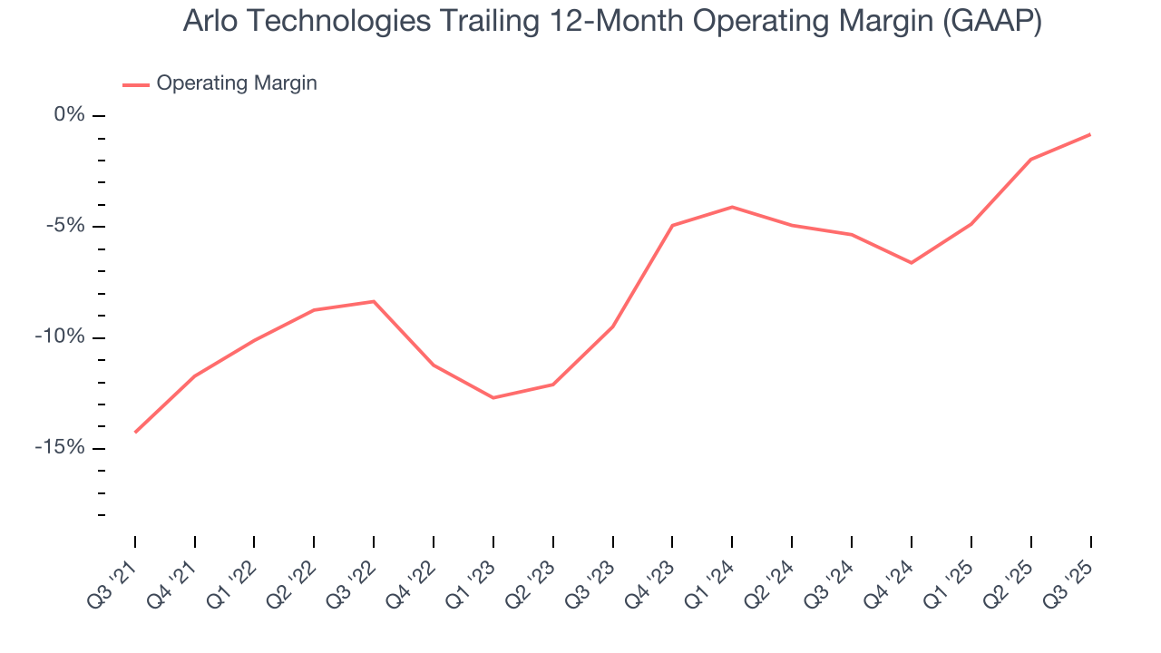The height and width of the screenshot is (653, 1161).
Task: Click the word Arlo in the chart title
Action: [209, 22]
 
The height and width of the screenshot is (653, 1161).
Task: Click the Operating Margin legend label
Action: [237, 83]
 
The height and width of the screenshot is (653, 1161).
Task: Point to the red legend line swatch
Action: [136, 84]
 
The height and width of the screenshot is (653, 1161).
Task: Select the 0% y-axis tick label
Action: [70, 115]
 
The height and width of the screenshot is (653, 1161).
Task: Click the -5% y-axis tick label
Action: [66, 226]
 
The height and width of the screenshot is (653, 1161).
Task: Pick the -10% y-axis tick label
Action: [63, 337]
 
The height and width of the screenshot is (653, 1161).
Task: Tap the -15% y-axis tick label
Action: [63, 448]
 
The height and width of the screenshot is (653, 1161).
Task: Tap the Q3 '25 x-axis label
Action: [1069, 577]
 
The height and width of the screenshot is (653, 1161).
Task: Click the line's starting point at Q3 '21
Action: [135, 432]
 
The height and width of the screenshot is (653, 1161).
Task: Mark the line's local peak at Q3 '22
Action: [374, 301]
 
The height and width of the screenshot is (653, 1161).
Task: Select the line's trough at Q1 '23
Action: [493, 397]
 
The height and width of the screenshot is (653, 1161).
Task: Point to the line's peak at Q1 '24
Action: [732, 207]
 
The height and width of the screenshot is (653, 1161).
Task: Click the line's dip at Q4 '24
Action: [911, 263]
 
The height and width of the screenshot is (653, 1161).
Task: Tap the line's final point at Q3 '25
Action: [1089, 134]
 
